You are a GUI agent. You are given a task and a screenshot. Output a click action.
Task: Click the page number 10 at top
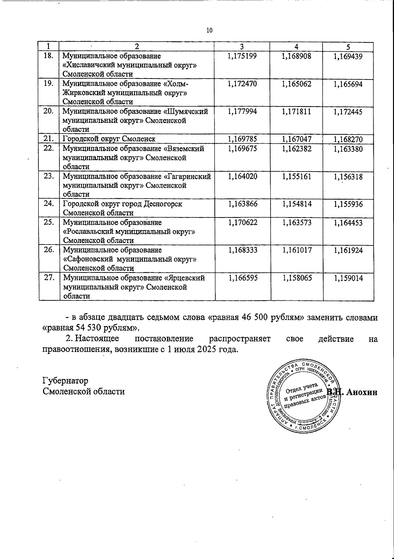click(209, 31)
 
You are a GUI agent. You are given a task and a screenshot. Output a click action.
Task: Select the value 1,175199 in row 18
click(242, 56)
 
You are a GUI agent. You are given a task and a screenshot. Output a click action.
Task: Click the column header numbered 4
click(296, 46)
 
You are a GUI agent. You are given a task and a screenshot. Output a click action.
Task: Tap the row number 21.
click(49, 139)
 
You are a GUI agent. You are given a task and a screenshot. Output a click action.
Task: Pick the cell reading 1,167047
click(296, 140)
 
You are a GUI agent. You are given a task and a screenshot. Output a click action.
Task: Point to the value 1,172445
click(348, 112)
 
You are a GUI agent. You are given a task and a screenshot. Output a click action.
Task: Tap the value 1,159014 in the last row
click(348, 278)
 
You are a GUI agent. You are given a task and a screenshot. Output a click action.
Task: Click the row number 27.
click(49, 278)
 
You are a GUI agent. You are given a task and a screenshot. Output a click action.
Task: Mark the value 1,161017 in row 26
click(296, 250)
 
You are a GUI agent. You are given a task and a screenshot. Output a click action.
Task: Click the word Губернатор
click(65, 381)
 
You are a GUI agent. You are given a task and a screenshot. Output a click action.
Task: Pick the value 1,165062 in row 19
click(296, 84)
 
